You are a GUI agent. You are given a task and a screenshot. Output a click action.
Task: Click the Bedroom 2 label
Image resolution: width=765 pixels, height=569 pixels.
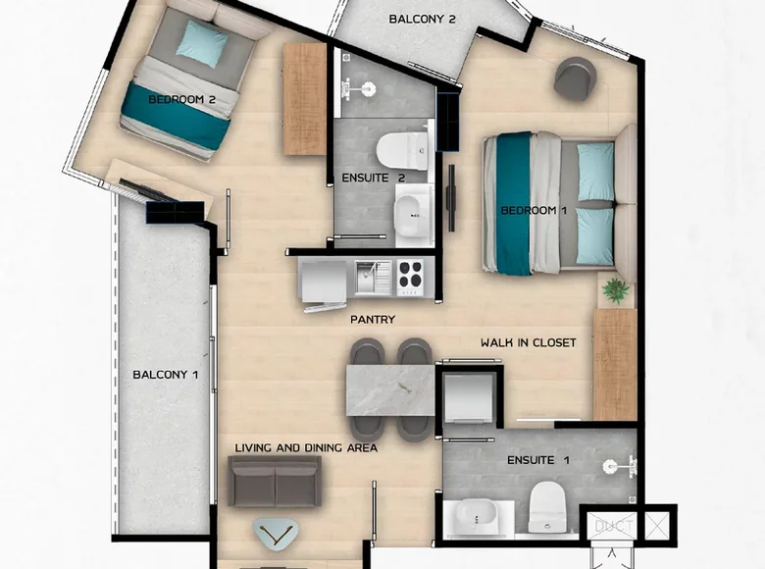pos(182,99)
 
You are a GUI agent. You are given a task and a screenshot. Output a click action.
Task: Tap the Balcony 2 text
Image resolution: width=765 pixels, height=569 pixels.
pos(423,19)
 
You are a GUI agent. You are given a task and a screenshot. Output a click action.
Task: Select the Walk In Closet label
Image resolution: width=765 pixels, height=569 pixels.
pos(529,342)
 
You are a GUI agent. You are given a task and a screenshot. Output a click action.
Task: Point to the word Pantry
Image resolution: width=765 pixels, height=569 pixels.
pos(373,320)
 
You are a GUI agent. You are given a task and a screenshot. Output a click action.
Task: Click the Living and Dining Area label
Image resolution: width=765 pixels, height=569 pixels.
pos(306,448)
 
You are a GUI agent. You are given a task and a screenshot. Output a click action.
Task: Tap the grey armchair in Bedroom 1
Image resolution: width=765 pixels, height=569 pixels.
pos(575,78)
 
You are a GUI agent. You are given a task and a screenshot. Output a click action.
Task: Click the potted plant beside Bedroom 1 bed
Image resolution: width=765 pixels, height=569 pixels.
pos(616,290)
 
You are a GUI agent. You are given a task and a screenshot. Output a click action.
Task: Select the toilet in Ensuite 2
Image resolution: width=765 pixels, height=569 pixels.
pos(403,150)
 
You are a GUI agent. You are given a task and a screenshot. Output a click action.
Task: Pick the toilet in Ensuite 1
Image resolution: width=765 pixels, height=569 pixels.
pos(547,506)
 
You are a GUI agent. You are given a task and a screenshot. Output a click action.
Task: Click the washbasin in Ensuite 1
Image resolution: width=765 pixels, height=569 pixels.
pos(477,517)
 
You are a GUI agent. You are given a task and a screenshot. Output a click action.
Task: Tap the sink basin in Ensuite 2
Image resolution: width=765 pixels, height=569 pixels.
pos(413,215)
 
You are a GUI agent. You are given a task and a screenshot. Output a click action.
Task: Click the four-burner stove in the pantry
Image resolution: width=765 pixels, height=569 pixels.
pos(409,277)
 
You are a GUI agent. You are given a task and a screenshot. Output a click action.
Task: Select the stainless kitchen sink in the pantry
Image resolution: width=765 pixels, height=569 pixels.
pos(374,278)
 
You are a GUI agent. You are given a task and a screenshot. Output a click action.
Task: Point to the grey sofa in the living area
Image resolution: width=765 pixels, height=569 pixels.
pos(275,482)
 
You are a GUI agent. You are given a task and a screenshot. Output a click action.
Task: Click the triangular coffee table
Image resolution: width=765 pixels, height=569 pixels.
pos(276,535)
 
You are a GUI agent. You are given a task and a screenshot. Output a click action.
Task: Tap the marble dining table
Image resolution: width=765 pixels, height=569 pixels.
pos(390,389)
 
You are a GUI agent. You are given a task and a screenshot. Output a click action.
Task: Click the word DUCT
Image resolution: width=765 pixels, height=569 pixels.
pos(614,527)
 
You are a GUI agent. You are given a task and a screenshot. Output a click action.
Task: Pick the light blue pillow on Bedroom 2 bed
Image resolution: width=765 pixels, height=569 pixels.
pos(202,43)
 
